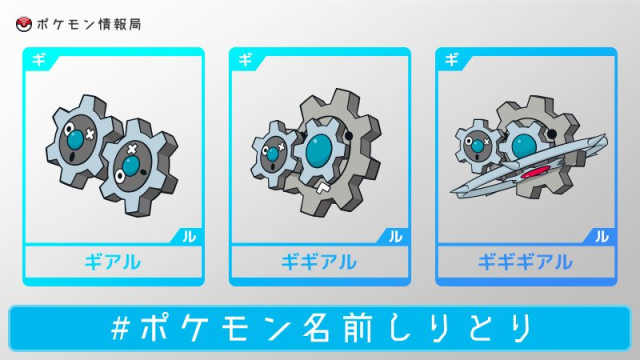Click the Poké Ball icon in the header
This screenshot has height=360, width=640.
tap(24, 24)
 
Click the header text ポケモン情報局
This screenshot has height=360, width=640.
tap(89, 24)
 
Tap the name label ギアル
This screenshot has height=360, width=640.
tap(113, 262)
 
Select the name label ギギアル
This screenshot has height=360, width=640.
tap(319, 262)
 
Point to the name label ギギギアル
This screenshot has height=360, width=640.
tap(525, 262)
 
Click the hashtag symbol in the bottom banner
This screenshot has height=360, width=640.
tap(120, 328)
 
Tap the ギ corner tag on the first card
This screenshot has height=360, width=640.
tap(39, 60)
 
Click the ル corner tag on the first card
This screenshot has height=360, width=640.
tap(189, 236)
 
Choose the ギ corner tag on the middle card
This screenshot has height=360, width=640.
tap(245, 60)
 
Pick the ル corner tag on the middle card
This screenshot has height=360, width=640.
tap(395, 236)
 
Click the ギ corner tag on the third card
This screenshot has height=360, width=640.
tap(451, 60)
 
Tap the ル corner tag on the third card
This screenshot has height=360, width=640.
tap(602, 236)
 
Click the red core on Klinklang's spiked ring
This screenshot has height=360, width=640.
tap(535, 172)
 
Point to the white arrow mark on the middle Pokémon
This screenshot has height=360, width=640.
tap(323, 188)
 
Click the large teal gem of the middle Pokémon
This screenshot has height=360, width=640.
tap(319, 151)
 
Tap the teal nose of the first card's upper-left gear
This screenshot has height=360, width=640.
tap(76, 139)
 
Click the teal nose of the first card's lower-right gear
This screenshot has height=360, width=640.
tap(130, 166)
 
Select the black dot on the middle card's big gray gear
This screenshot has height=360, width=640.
tap(348, 135)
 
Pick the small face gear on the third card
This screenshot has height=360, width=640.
tap(478, 146)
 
